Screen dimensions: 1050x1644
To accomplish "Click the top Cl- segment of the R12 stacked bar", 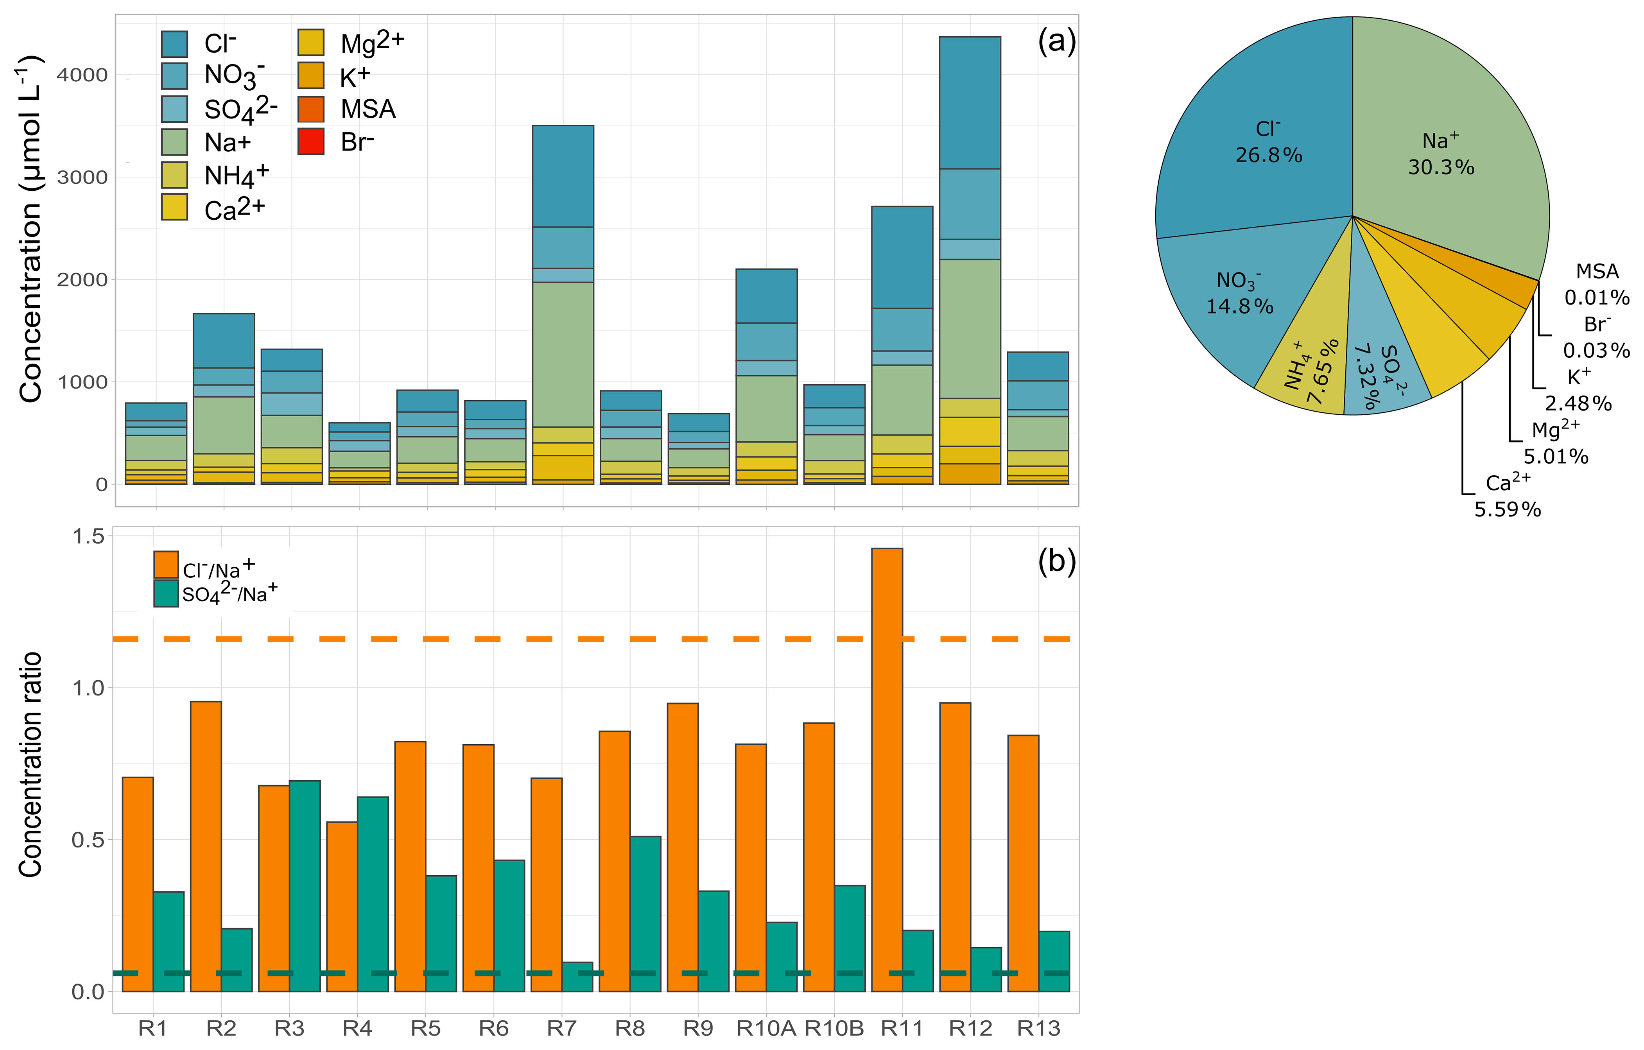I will pyautogui.click(x=970, y=102).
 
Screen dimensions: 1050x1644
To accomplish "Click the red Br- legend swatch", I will pyautogui.click(x=311, y=142).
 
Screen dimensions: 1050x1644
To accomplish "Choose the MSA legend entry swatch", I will pyautogui.click(x=311, y=109).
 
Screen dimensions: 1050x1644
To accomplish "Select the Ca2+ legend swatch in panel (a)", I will pyautogui.click(x=174, y=208).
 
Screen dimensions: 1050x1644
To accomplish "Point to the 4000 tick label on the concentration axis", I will pyautogui.click(x=82, y=75).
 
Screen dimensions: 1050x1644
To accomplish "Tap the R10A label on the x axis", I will pyautogui.click(x=766, y=1028).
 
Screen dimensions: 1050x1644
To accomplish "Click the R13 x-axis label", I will pyautogui.click(x=1038, y=1028).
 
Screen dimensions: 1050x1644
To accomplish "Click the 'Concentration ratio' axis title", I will pyautogui.click(x=31, y=765).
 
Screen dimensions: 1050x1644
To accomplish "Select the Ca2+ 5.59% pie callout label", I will pyautogui.click(x=1508, y=496).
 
